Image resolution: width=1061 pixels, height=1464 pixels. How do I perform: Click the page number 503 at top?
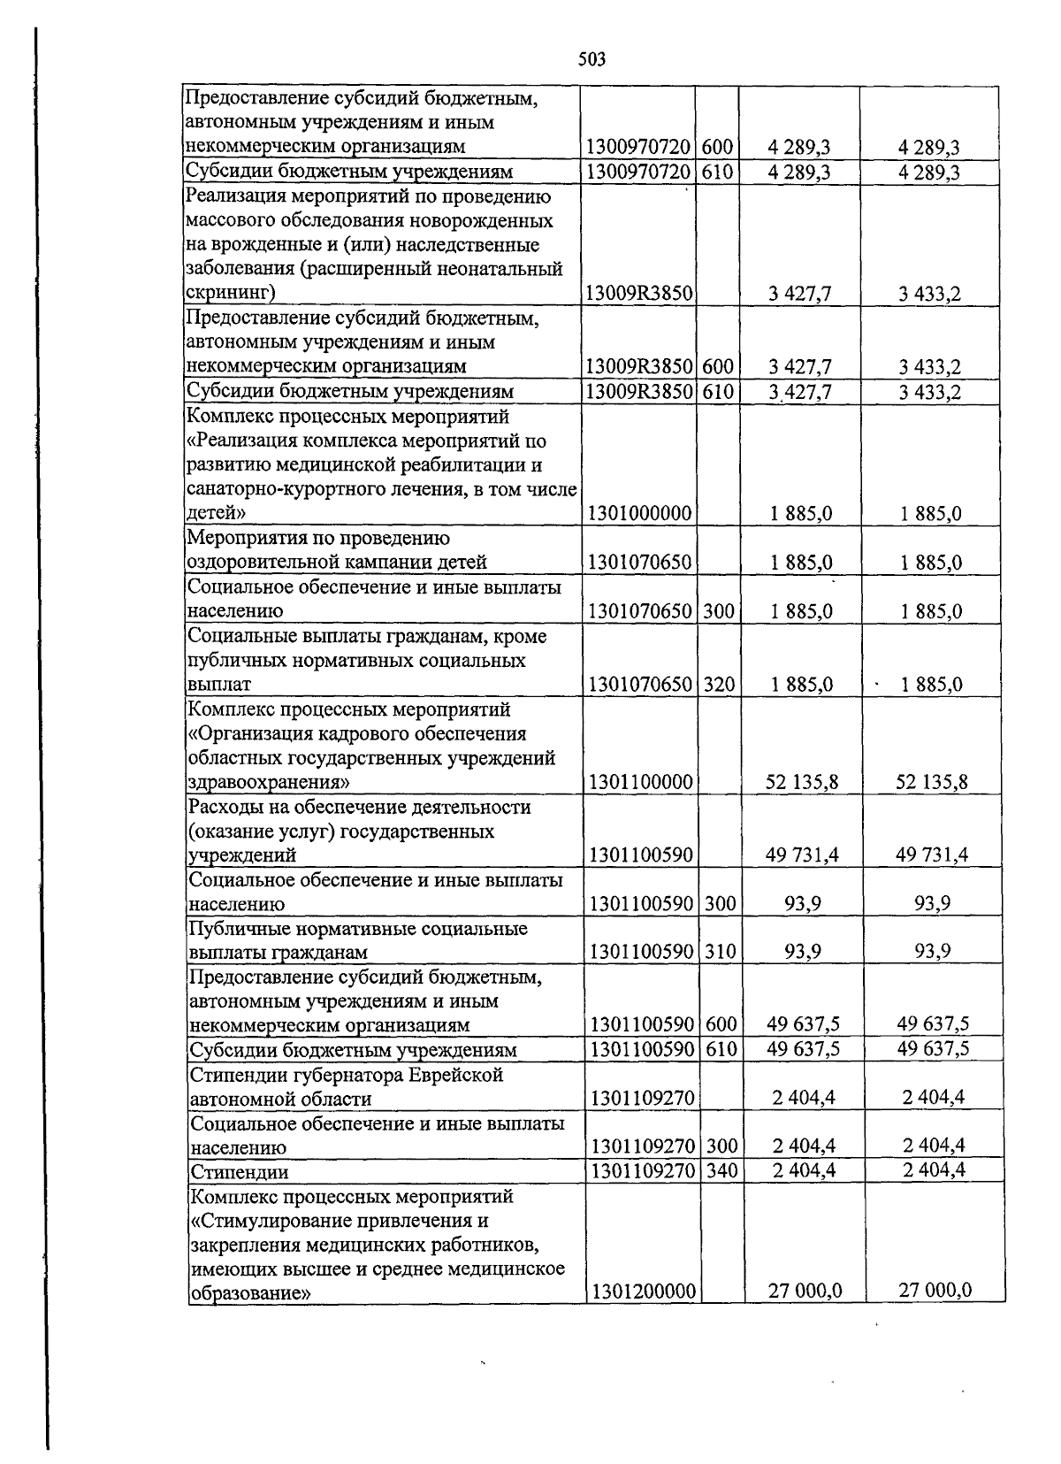click(592, 59)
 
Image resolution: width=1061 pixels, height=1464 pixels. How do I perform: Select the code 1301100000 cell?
click(641, 782)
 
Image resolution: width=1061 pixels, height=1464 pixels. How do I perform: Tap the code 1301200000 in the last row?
click(645, 1291)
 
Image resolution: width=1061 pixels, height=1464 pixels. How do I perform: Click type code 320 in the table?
click(719, 684)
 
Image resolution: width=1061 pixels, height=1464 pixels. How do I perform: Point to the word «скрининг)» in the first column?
click(231, 293)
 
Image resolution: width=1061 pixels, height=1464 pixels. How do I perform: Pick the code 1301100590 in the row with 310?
click(644, 952)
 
